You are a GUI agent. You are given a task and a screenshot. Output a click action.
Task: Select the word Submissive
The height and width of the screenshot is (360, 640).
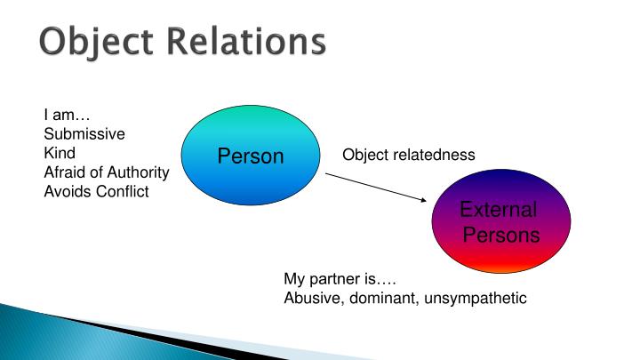point(84,134)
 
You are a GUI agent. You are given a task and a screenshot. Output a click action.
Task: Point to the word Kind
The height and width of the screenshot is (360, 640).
point(59,153)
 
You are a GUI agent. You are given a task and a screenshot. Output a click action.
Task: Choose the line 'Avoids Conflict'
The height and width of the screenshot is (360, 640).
point(96,190)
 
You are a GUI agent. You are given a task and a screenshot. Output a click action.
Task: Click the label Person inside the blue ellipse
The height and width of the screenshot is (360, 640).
point(250,157)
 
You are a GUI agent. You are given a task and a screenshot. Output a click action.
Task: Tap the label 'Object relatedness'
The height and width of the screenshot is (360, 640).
point(409,155)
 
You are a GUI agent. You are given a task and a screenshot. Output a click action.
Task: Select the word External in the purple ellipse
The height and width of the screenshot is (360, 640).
point(498,212)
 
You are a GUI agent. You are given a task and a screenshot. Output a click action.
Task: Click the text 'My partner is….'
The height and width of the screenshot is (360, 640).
point(333,278)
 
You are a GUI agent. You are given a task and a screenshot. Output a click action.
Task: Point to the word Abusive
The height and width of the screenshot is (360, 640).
point(313,298)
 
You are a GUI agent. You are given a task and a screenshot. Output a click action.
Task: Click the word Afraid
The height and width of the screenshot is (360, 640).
point(65,172)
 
